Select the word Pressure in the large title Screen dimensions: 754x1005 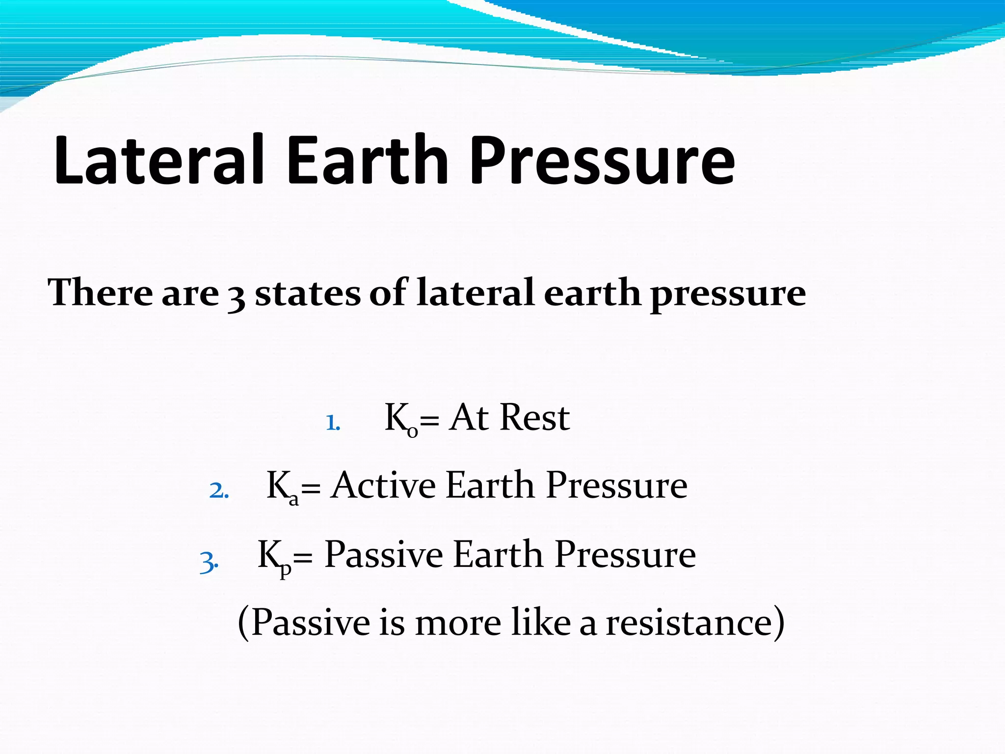pyautogui.click(x=602, y=161)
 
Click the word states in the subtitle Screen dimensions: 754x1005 pyautogui.click(x=308, y=293)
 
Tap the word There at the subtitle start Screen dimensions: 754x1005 pyautogui.click(x=100, y=293)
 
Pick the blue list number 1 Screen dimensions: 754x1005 pyautogui.click(x=333, y=423)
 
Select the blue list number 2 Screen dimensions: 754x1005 pyautogui.click(x=218, y=490)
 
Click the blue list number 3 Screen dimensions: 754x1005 pyautogui.click(x=209, y=562)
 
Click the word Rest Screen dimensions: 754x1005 pyautogui.click(x=535, y=418)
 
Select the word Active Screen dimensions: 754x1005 pyautogui.click(x=383, y=485)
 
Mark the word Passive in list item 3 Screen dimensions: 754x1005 pyautogui.click(x=384, y=555)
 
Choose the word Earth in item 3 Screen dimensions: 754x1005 pyautogui.click(x=498, y=555)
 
